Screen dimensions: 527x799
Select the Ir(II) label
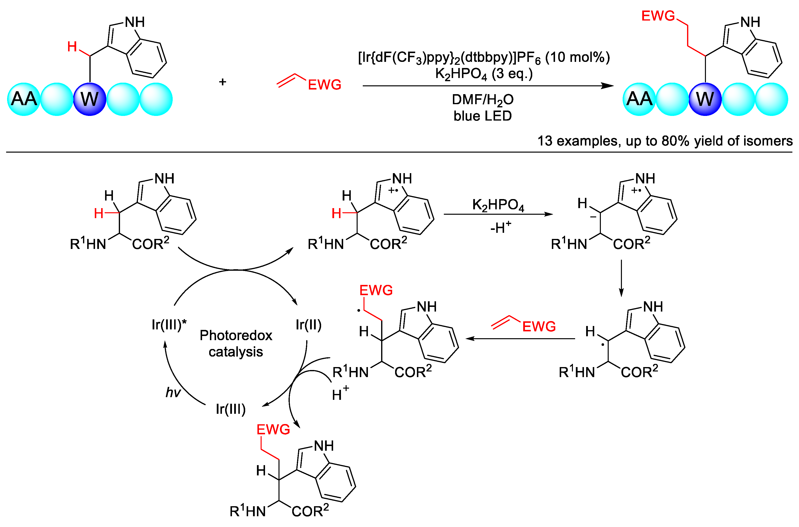tap(308, 325)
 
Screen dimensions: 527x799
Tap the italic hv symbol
tap(173, 392)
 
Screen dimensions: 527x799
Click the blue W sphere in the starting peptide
tap(89, 99)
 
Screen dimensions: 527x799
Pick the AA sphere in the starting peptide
tap(24, 99)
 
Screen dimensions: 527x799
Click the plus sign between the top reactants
tap(222, 82)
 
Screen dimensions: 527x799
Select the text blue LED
tap(482, 116)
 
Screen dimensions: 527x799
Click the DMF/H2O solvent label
tap(482, 100)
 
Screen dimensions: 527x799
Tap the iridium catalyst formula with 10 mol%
tap(484, 58)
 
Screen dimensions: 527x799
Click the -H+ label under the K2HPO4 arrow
tap(500, 227)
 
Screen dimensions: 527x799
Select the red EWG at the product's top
tap(658, 16)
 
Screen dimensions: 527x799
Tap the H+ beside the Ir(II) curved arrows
tap(340, 393)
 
